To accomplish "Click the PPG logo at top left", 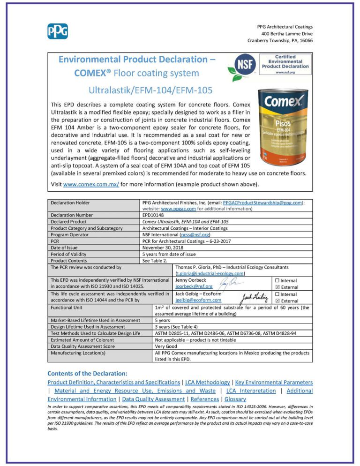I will point(58,31).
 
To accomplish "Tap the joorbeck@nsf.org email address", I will point(194,286).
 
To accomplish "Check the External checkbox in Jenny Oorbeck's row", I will point(277,286).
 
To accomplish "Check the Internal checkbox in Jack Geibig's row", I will point(277,294).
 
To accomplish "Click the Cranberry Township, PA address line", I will point(280,41).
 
